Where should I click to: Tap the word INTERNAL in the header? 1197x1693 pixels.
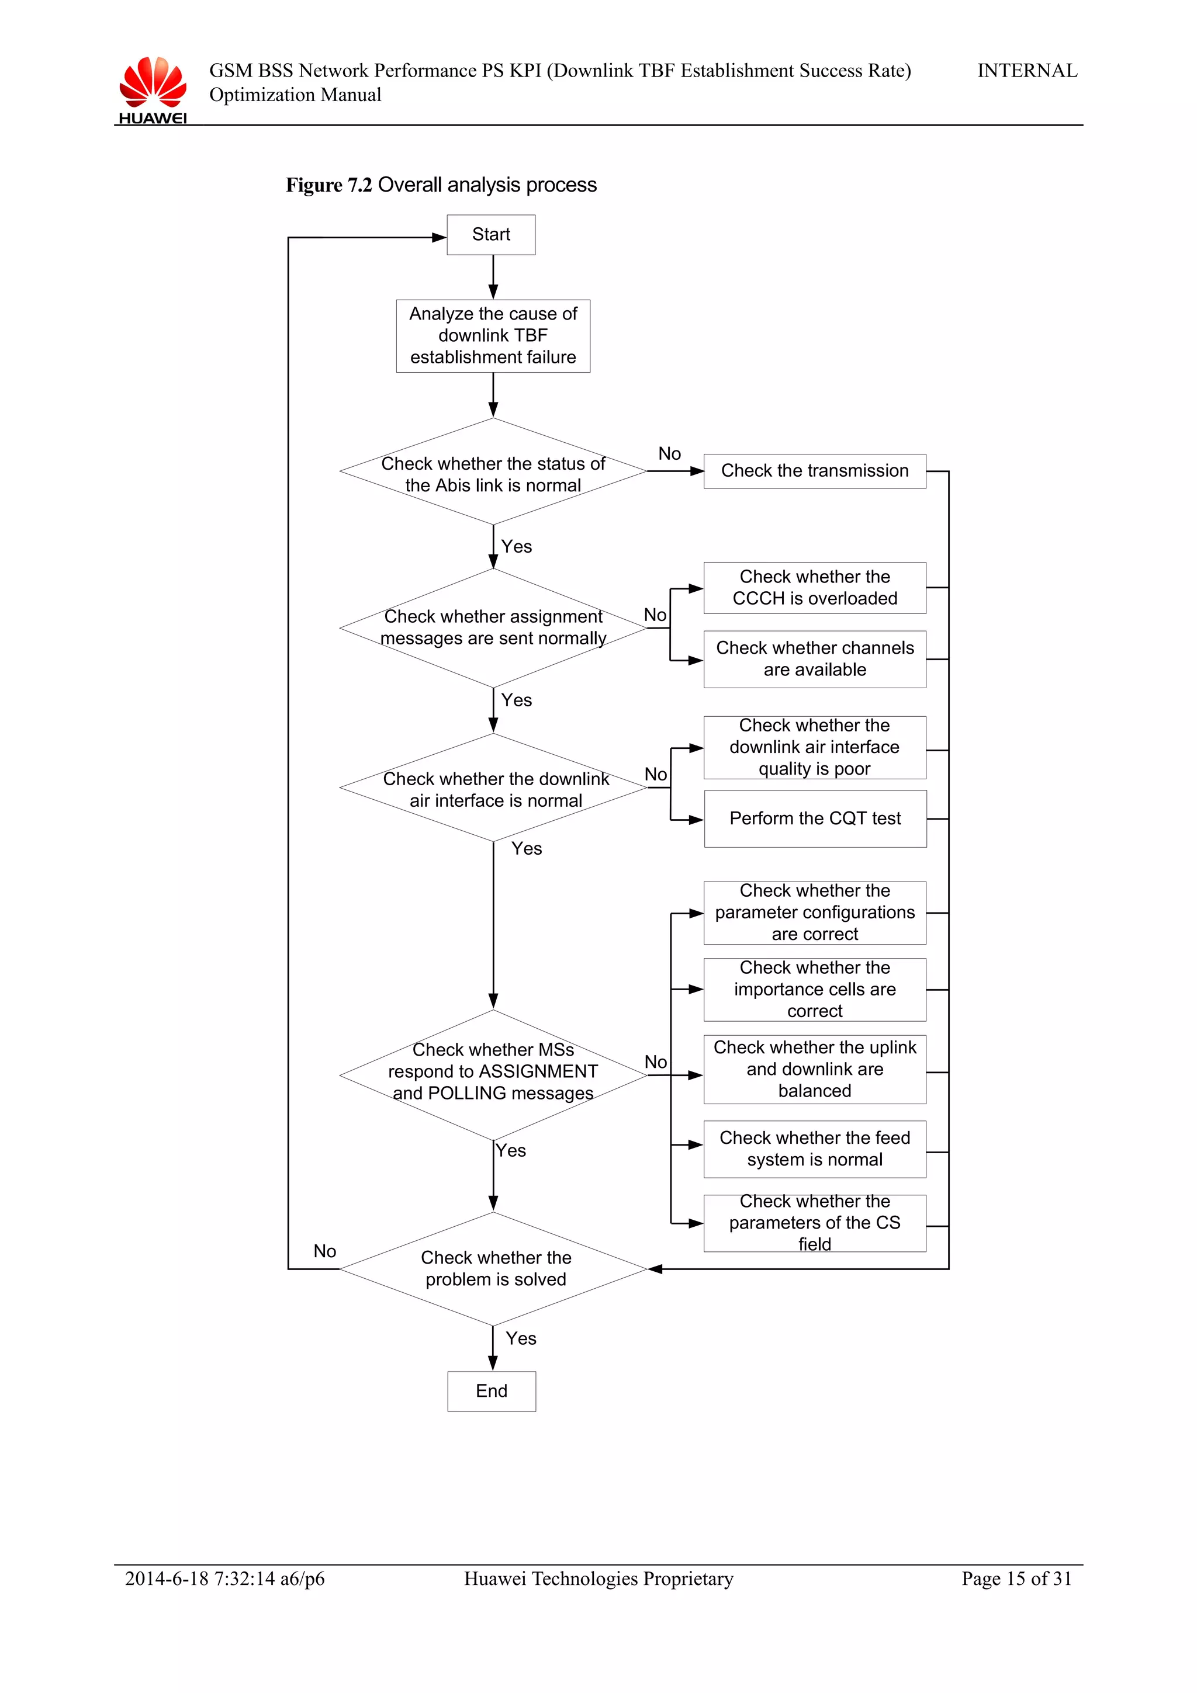pos(1027,71)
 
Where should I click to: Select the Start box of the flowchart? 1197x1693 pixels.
pos(490,234)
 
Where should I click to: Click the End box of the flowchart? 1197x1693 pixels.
pos(491,1390)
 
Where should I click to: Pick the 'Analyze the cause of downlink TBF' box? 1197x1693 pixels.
pos(493,335)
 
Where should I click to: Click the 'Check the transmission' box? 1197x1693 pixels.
pos(814,470)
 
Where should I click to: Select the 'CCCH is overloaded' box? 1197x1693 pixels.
pos(814,588)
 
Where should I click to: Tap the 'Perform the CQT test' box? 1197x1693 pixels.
pos(815,818)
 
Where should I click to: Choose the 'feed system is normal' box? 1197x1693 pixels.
pos(814,1149)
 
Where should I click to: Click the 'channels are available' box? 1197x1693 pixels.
pos(814,658)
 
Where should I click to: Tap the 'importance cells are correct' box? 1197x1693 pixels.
pos(814,989)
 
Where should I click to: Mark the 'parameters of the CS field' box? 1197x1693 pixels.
pos(814,1223)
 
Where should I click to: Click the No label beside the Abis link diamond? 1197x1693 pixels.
pos(669,453)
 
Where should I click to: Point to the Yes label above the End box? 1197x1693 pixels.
pos(521,1338)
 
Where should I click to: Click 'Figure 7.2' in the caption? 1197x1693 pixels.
pos(329,185)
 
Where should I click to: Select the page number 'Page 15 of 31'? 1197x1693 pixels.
pos(1016,1578)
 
